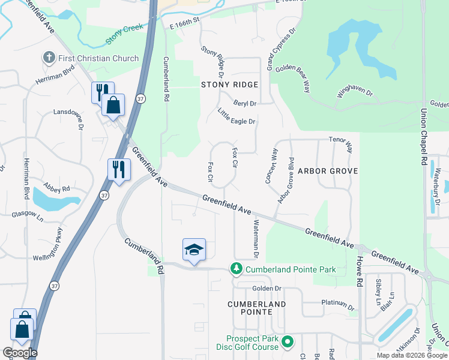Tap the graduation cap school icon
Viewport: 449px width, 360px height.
[194, 250]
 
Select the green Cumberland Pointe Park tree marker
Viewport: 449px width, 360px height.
[237, 269]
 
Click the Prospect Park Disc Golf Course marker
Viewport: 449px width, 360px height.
[288, 343]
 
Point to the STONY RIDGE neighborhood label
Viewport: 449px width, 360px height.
[229, 85]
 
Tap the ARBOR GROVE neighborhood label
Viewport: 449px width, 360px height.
[328, 171]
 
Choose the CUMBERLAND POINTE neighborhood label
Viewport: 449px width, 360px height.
[257, 304]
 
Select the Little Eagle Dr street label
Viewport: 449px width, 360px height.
[237, 117]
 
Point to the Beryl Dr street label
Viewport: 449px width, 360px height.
[245, 103]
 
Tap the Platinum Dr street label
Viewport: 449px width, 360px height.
[339, 304]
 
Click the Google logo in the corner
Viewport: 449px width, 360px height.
[20, 353]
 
